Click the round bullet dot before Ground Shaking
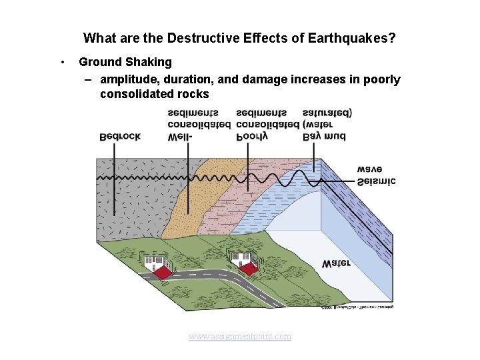coord(61,62)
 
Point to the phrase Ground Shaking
coord(125,62)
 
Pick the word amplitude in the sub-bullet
coord(131,79)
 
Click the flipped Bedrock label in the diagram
coord(119,137)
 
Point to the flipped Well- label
coord(180,137)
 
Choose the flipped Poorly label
coord(252,137)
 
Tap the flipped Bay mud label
coord(324,137)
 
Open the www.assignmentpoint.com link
coord(240,337)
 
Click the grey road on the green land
coord(220,280)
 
